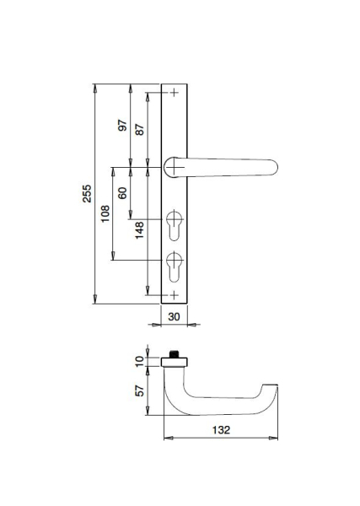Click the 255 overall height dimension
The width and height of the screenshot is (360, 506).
[x=87, y=193]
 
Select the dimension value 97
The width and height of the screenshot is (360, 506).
[x=122, y=125]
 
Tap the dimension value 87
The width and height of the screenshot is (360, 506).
[x=140, y=129]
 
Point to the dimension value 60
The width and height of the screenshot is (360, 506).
[x=122, y=192]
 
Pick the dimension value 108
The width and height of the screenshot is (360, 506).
[x=105, y=213]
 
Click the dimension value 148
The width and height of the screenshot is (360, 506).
[x=139, y=230]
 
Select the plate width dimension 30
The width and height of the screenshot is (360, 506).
[x=174, y=316]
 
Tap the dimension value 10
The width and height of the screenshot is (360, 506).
[x=139, y=361]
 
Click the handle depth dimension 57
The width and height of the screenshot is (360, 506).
[x=139, y=390]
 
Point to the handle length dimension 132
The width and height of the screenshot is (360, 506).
[x=221, y=430]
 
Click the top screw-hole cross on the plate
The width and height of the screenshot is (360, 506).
[x=175, y=93]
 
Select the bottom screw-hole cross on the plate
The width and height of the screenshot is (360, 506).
[x=175, y=295]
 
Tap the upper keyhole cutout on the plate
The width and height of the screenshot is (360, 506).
[x=175, y=225]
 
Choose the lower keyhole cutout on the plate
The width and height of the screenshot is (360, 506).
[x=175, y=266]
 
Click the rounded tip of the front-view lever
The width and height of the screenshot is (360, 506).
[x=275, y=168]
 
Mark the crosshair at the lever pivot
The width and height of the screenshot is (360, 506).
[x=175, y=167]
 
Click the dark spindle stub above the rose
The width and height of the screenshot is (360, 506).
[x=175, y=354]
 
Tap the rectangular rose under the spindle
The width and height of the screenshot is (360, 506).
[x=175, y=362]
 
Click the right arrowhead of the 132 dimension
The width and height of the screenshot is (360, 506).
[x=273, y=438]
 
